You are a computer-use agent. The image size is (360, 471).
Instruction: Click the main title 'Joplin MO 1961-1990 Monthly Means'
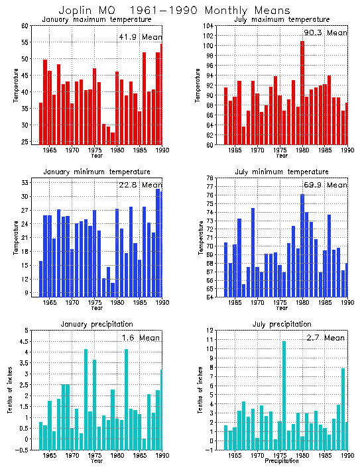174,11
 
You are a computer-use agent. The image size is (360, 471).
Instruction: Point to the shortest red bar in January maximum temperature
113,138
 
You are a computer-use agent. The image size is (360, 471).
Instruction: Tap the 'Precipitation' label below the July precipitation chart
282,462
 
